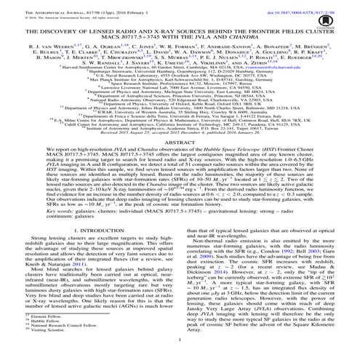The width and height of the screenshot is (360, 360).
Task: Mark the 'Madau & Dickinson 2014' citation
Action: tap(298, 268)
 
